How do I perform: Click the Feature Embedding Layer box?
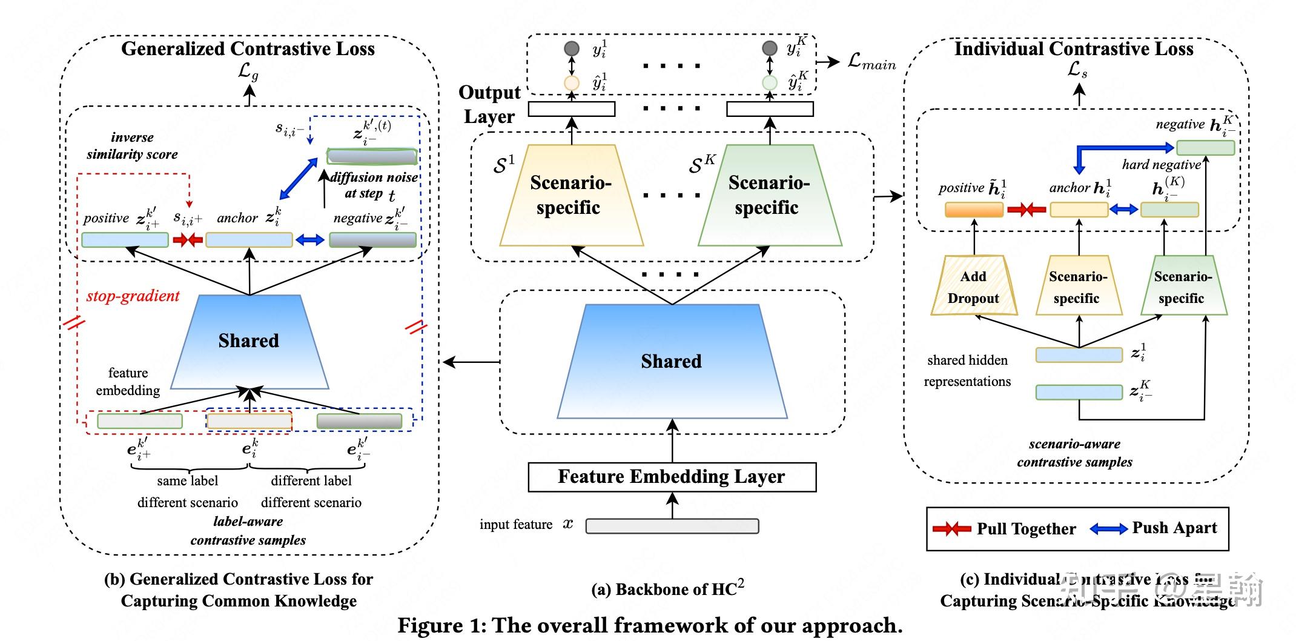[x=672, y=477]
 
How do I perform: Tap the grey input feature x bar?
[x=672, y=526]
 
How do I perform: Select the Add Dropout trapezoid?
[x=973, y=287]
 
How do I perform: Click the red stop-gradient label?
[x=133, y=296]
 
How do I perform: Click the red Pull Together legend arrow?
[x=951, y=529]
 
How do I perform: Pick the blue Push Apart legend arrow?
[x=1108, y=529]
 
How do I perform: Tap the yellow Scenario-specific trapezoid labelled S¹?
[x=570, y=196]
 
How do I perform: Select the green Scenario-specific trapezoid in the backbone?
[x=769, y=196]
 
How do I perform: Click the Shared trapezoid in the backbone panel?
[x=672, y=362]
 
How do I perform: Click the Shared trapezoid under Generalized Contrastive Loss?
[x=249, y=341]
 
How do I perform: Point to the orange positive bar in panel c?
[x=974, y=210]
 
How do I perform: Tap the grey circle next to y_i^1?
[x=571, y=48]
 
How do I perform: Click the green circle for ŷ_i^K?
[x=769, y=82]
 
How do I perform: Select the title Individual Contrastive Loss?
[x=1074, y=49]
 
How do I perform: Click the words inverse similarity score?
[x=132, y=146]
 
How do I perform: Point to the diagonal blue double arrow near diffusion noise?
[x=299, y=178]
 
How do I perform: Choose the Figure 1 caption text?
[x=649, y=625]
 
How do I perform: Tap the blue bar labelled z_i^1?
[x=1079, y=355]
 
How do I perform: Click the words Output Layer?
[x=489, y=104]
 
